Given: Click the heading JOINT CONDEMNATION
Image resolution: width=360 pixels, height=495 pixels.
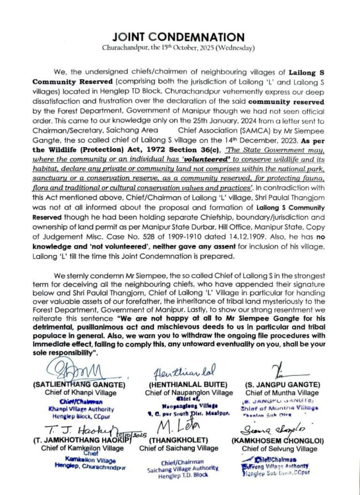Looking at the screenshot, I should point(178,37).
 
